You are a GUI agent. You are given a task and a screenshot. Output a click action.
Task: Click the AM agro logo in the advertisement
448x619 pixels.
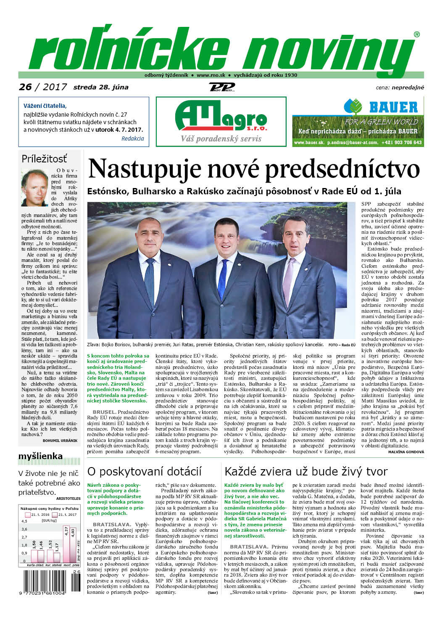pyautogui.click(x=221, y=117)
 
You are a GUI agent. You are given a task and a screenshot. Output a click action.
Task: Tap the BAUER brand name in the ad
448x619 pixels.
pyautogui.click(x=393, y=107)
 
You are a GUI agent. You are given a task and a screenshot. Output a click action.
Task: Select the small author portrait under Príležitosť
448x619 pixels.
pyautogui.click(x=35, y=188)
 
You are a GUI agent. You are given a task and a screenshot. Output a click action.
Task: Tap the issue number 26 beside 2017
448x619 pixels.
pyautogui.click(x=26, y=87)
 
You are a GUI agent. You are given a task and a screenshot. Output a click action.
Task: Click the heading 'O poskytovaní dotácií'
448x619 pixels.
pyautogui.click(x=144, y=471)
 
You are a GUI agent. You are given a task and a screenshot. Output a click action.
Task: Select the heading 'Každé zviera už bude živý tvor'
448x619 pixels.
pyautogui.click(x=306, y=471)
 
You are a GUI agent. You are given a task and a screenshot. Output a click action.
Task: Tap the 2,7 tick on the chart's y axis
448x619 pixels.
pyautogui.click(x=24, y=537)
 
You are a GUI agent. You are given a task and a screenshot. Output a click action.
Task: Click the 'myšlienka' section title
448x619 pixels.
pyautogui.click(x=40, y=456)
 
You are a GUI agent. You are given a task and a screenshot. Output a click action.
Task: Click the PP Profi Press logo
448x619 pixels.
pyautogui.click(x=221, y=87)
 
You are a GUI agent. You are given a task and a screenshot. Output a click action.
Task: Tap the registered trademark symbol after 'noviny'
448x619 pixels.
pyautogui.click(x=416, y=34)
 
